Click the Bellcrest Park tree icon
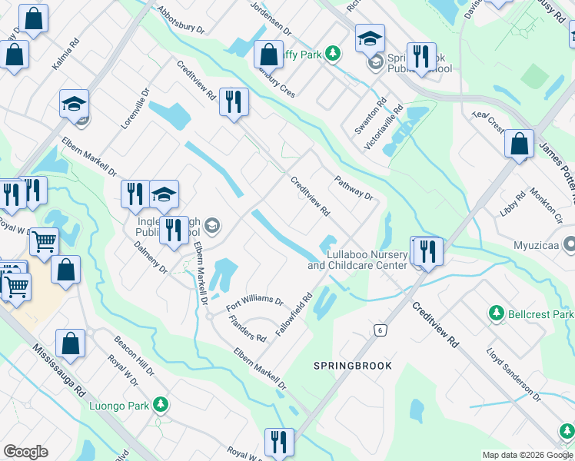click(496, 313)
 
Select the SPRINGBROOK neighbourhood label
click(353, 366)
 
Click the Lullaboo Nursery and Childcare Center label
click(357, 260)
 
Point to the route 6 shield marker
click(379, 330)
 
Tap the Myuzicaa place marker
click(569, 246)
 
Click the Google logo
click(25, 452)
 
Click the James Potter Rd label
click(557, 166)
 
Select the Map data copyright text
click(527, 455)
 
